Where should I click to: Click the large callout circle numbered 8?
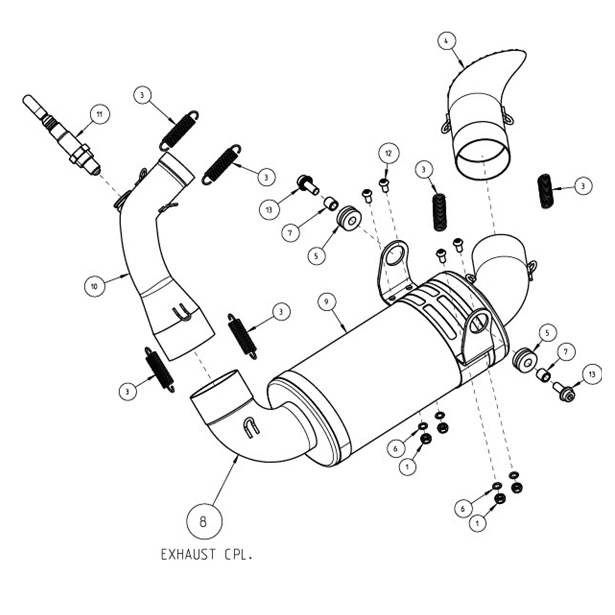coord(203,522)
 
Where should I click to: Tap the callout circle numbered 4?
coord(446,41)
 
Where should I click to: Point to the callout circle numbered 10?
coord(94,286)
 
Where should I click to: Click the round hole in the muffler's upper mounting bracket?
coord(396,256)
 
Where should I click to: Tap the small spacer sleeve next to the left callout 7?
coord(331,204)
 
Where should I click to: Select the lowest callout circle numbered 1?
coord(477,523)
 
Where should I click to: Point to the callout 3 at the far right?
coord(583,186)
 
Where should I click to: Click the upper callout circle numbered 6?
coord(396,448)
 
